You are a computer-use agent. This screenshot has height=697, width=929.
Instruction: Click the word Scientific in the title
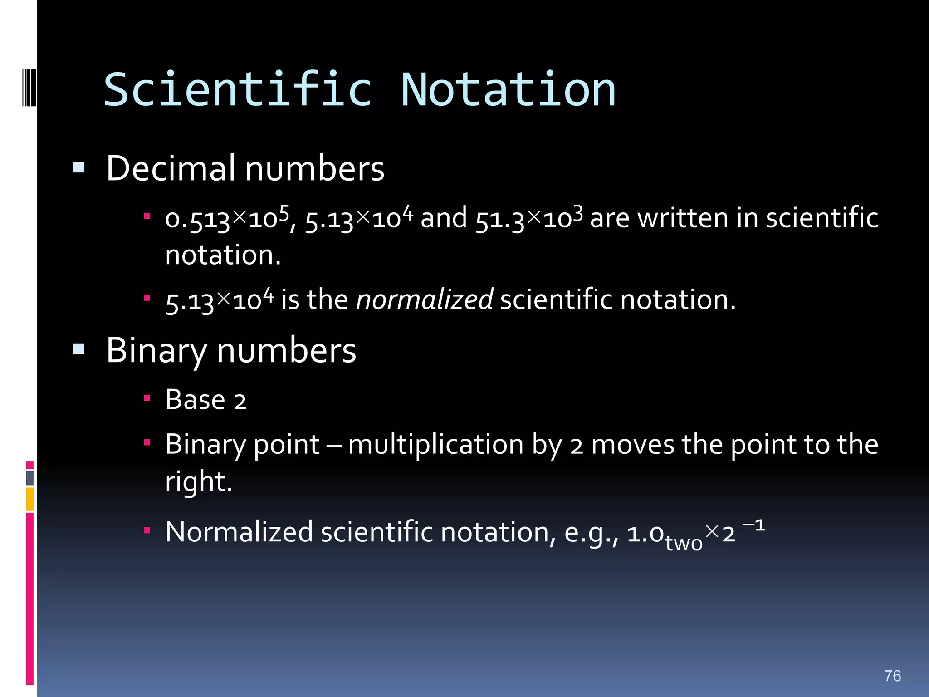tap(238, 90)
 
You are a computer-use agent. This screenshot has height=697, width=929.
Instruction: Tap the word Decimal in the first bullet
tap(171, 168)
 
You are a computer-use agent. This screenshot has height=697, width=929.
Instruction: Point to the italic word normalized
tap(424, 300)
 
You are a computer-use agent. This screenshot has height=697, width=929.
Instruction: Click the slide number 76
tap(892, 676)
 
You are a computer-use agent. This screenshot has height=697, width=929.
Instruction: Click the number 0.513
tap(198, 220)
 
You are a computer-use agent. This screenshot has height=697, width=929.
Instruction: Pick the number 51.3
tap(499, 220)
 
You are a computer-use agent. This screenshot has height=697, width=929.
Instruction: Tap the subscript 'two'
tap(684, 542)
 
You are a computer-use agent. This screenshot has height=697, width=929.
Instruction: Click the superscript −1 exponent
tap(753, 525)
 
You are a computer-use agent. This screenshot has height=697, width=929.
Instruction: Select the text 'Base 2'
tap(205, 400)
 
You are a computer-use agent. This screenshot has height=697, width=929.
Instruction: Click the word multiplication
tap(435, 444)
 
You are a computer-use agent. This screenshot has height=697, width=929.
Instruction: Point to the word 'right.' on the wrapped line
tap(198, 481)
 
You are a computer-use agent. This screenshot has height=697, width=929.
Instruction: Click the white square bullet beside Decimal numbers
tap(79, 168)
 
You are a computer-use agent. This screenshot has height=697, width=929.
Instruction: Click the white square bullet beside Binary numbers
tap(79, 349)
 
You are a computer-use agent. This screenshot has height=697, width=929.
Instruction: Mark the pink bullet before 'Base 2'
tap(147, 398)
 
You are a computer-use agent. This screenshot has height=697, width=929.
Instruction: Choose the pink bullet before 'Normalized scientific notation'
tap(147, 530)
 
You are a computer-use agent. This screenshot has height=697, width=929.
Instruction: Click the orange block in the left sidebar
tap(29, 499)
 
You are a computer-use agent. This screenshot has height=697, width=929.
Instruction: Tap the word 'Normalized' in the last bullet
tap(239, 532)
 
